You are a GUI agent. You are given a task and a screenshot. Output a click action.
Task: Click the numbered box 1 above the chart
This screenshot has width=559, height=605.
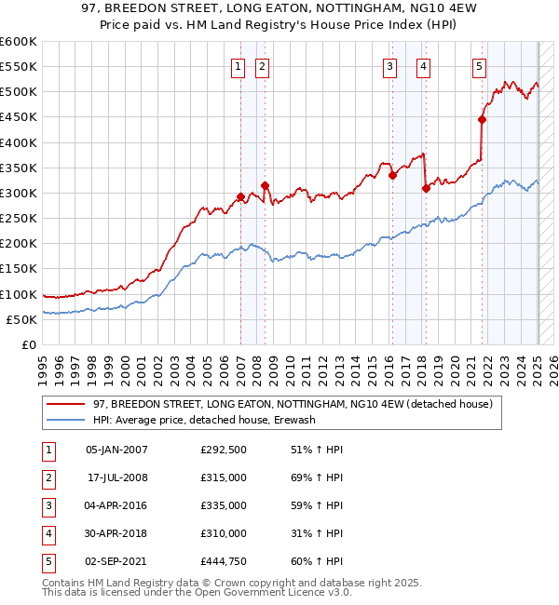pyautogui.click(x=239, y=66)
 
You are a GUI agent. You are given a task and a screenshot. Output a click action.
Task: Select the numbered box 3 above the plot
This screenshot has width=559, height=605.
pyautogui.click(x=389, y=66)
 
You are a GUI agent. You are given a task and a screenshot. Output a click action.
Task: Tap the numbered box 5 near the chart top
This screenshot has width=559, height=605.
pyautogui.click(x=479, y=66)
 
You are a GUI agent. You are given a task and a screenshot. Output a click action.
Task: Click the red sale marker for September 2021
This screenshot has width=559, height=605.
pyautogui.click(x=483, y=119)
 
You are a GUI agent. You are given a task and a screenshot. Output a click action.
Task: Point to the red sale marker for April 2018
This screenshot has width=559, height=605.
pyautogui.click(x=426, y=188)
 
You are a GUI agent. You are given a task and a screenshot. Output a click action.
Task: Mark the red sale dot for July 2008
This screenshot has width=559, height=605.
pyautogui.click(x=266, y=185)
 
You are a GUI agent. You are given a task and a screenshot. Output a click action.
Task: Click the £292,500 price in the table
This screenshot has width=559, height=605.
pyautogui.click(x=224, y=449)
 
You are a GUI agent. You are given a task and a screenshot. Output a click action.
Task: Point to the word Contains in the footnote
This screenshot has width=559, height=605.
pyautogui.click(x=64, y=584)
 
